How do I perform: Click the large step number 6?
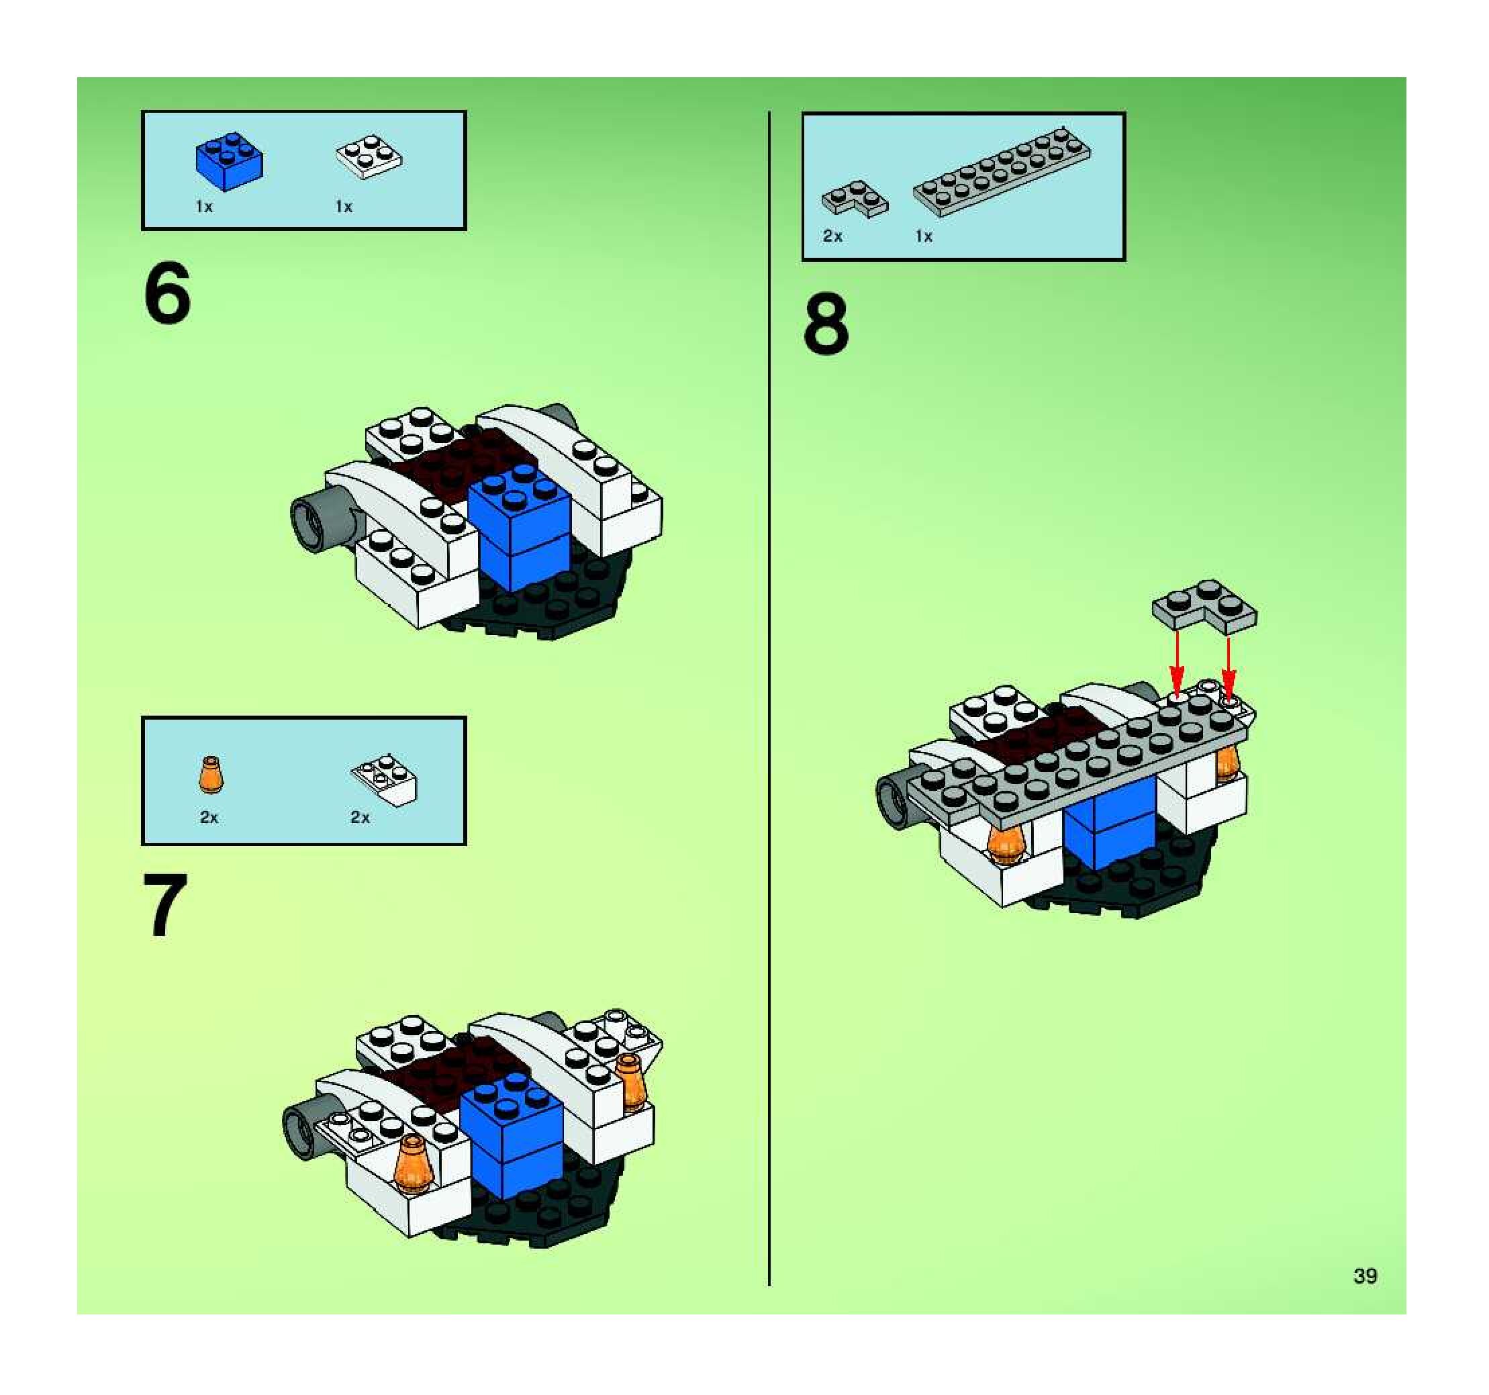pyautogui.click(x=167, y=293)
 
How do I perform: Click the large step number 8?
pyautogui.click(x=826, y=324)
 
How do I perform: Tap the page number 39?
pyautogui.click(x=1365, y=1276)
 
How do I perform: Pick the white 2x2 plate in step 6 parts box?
pyautogui.click(x=368, y=156)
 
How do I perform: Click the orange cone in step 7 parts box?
pyautogui.click(x=211, y=774)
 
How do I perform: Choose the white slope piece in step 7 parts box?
pyautogui.click(x=384, y=780)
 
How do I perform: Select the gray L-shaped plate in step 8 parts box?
pyautogui.click(x=855, y=199)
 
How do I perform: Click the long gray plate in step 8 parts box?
pyautogui.click(x=1002, y=171)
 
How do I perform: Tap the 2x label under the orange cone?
pyautogui.click(x=209, y=818)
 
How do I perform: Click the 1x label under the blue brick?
pyautogui.click(x=203, y=207)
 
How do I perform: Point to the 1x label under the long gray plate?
pyautogui.click(x=924, y=236)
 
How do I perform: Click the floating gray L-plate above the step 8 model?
pyautogui.click(x=1204, y=604)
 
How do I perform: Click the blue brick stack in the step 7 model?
pyautogui.click(x=512, y=1135)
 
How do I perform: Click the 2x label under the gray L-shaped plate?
pyautogui.click(x=832, y=236)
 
